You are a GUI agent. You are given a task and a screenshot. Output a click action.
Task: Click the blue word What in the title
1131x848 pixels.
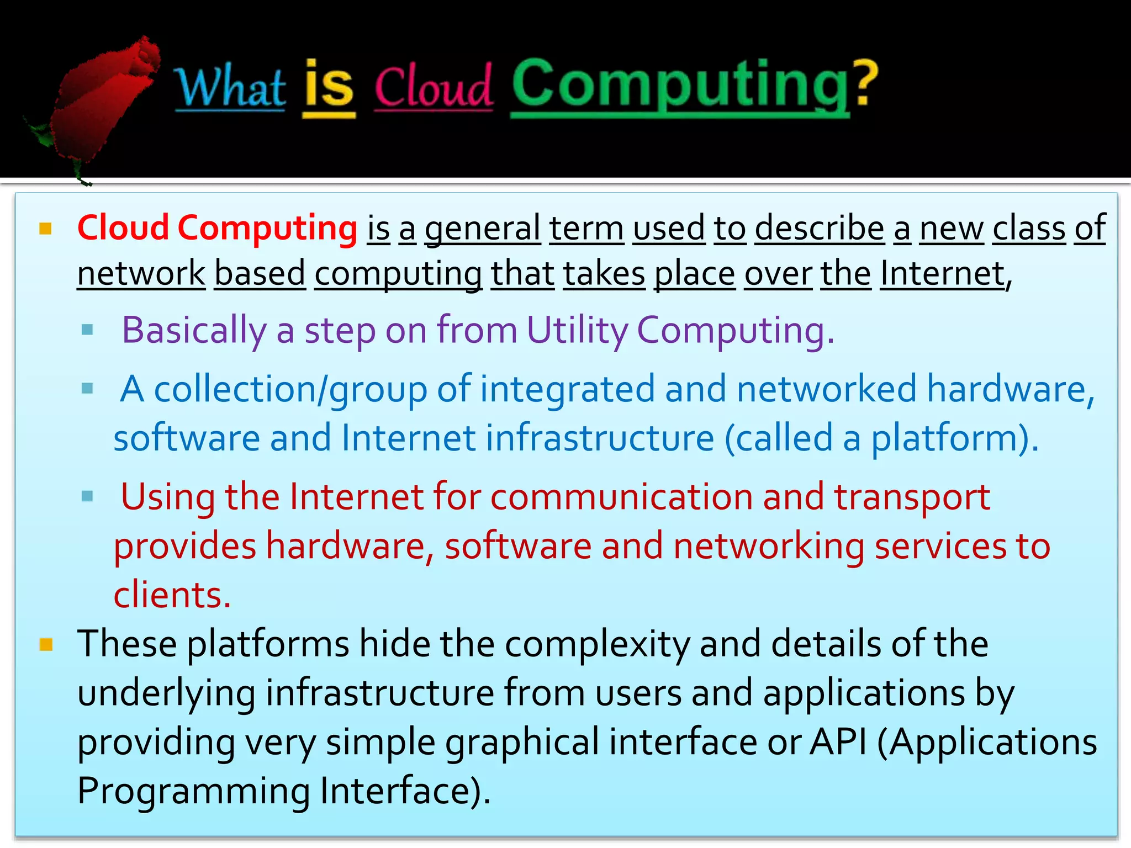(x=230, y=88)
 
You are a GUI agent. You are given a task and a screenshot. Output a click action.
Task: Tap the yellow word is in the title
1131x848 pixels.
(x=329, y=86)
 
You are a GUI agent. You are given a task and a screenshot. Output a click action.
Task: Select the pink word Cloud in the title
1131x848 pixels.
(x=434, y=88)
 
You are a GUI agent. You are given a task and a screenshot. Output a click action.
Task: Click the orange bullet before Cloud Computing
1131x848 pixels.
(x=46, y=229)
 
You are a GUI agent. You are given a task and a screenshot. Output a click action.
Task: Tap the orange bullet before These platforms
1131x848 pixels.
(x=46, y=644)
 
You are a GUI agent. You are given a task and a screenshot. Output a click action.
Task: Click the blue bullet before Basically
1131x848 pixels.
(x=87, y=330)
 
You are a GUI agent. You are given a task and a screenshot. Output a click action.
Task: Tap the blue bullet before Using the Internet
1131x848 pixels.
(x=87, y=496)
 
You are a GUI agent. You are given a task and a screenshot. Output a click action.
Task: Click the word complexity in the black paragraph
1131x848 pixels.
(x=598, y=645)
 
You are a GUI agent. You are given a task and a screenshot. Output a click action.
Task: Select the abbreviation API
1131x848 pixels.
(x=838, y=742)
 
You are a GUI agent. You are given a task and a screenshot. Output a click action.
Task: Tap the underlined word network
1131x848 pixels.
(x=141, y=274)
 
